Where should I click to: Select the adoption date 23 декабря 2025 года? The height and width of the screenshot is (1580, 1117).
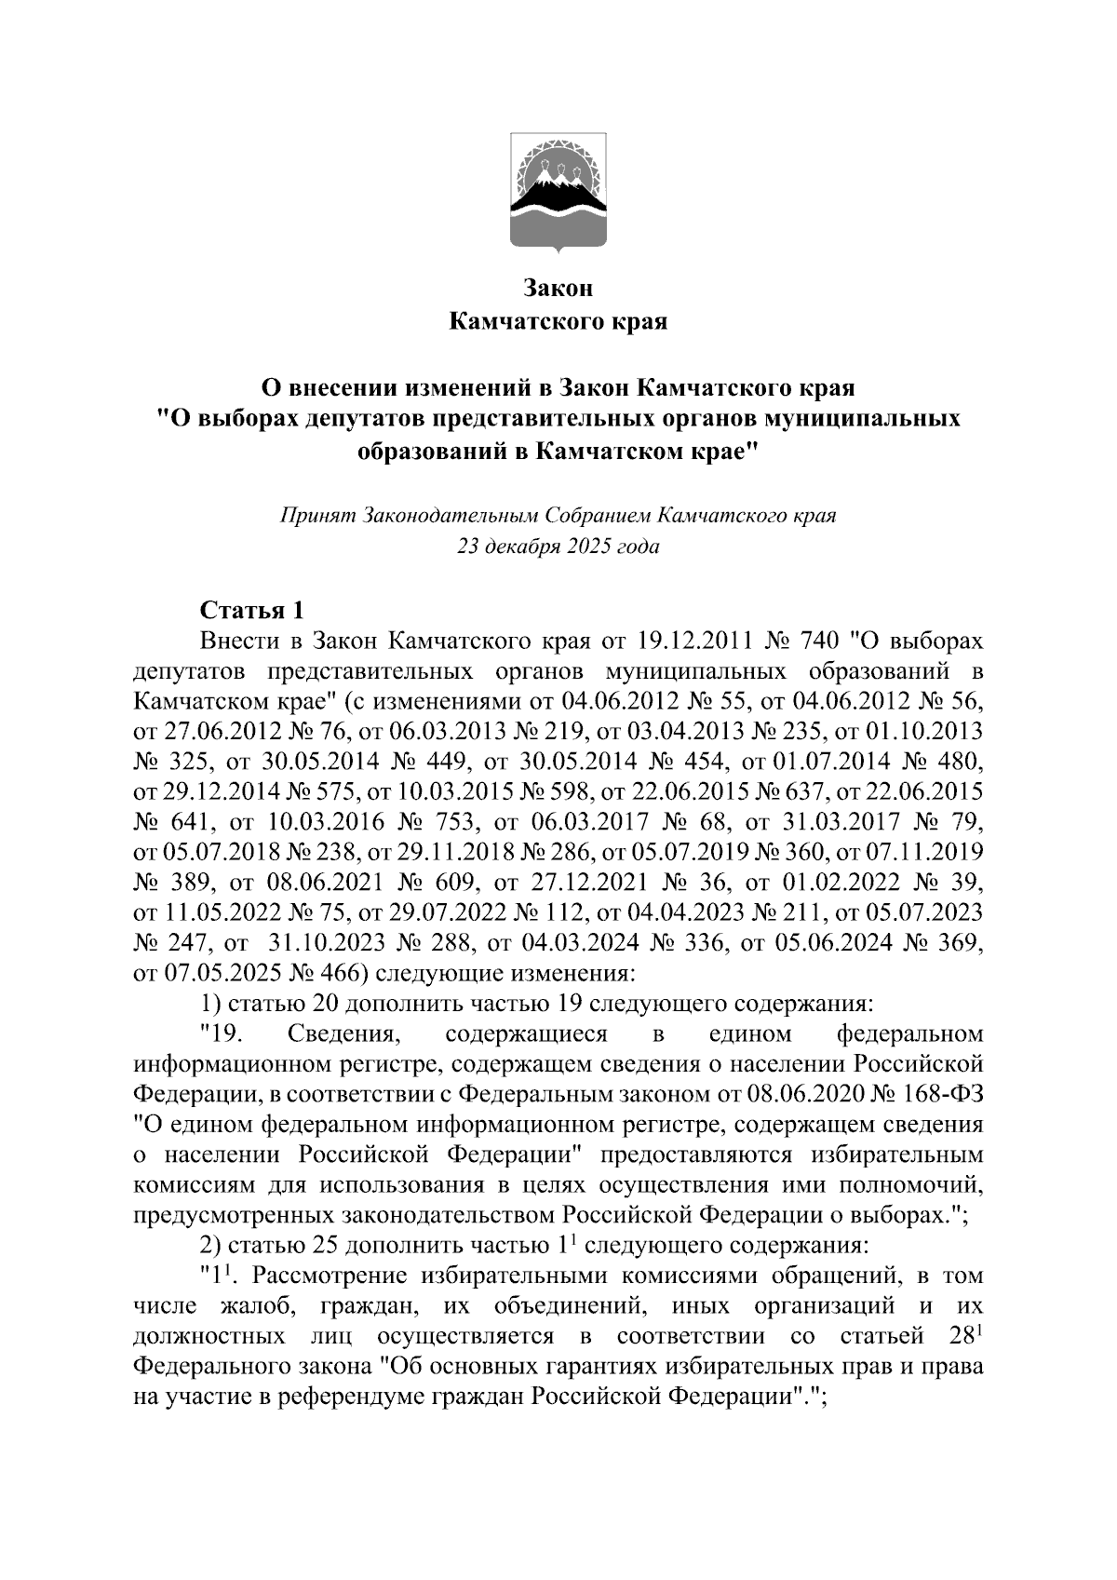pyautogui.click(x=558, y=547)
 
